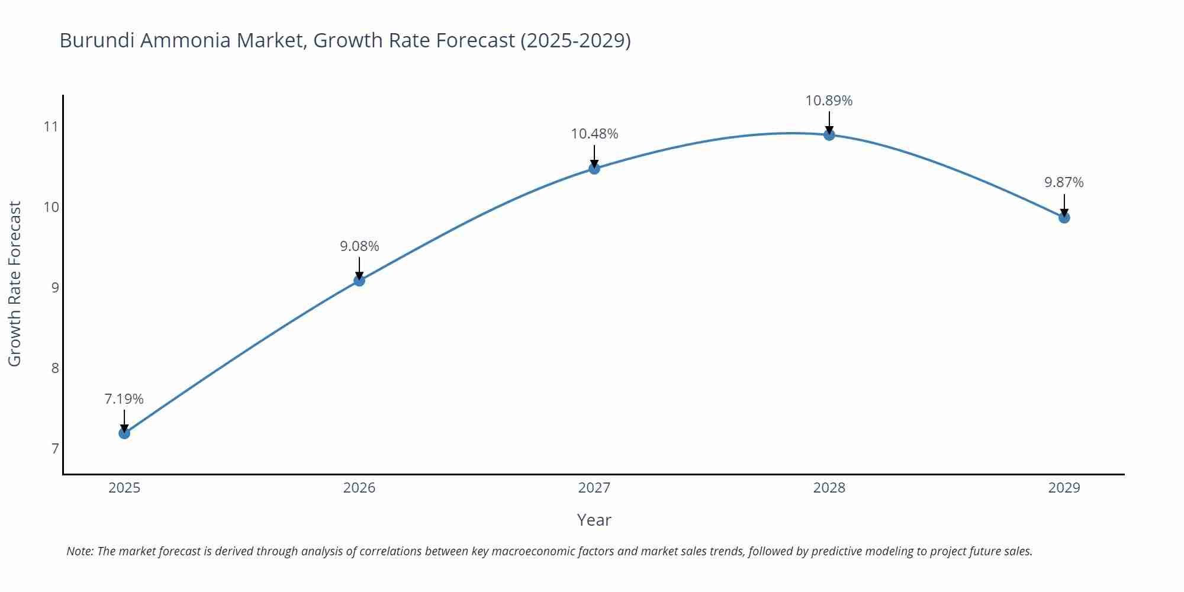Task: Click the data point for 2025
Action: coord(124,433)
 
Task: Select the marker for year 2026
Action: coord(359,281)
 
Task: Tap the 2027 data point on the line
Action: coord(594,169)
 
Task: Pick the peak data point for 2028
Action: coord(829,135)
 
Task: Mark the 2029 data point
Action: coord(1064,218)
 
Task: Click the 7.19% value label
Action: coord(124,399)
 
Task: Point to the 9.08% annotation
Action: coord(359,246)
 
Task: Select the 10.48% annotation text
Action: coord(594,134)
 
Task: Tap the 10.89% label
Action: coord(829,101)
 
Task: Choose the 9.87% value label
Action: coord(1064,182)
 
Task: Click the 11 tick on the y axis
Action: coord(52,127)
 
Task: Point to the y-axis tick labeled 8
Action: coord(55,368)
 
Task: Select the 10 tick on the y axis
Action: coord(52,207)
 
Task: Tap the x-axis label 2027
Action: coord(594,488)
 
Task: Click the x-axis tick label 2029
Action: coord(1064,488)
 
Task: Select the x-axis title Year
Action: coord(594,520)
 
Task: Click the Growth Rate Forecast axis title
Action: coord(15,284)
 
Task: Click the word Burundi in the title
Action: coord(97,40)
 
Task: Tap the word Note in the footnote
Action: coord(79,551)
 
